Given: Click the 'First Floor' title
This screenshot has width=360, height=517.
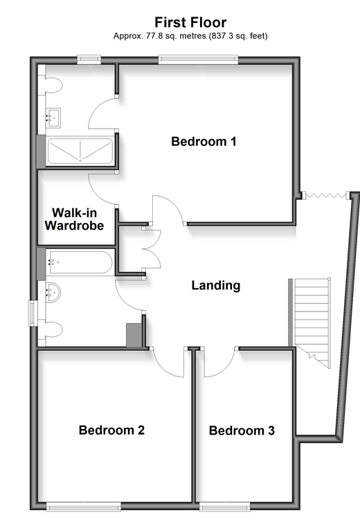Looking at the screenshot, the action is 190,22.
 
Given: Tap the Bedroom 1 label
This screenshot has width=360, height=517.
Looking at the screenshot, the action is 204,141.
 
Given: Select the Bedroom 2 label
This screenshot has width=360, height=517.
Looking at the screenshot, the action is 111,430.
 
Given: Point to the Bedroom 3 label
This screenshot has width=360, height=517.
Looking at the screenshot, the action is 242,430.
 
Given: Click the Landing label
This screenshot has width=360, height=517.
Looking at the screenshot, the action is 216,286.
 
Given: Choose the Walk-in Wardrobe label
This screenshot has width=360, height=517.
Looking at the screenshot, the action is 74,219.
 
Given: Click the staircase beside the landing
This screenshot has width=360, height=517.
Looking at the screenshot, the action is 312,323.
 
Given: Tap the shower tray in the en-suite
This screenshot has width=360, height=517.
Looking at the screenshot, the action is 80,152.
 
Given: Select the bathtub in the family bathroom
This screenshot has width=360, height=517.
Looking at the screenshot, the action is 80,262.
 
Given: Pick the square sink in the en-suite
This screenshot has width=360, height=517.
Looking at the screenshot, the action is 53,118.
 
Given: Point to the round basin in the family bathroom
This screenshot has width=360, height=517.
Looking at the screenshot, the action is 53,292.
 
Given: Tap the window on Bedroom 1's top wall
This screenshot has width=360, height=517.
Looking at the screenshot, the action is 198,60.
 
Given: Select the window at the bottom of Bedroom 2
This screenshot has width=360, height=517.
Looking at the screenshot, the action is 83,506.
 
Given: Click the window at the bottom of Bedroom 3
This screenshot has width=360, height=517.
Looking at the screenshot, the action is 225,506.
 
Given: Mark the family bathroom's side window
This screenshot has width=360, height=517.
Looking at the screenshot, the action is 33,313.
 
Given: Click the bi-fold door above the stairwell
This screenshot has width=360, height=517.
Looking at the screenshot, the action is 325,196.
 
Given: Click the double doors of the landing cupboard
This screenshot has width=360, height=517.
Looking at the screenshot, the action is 152,249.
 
